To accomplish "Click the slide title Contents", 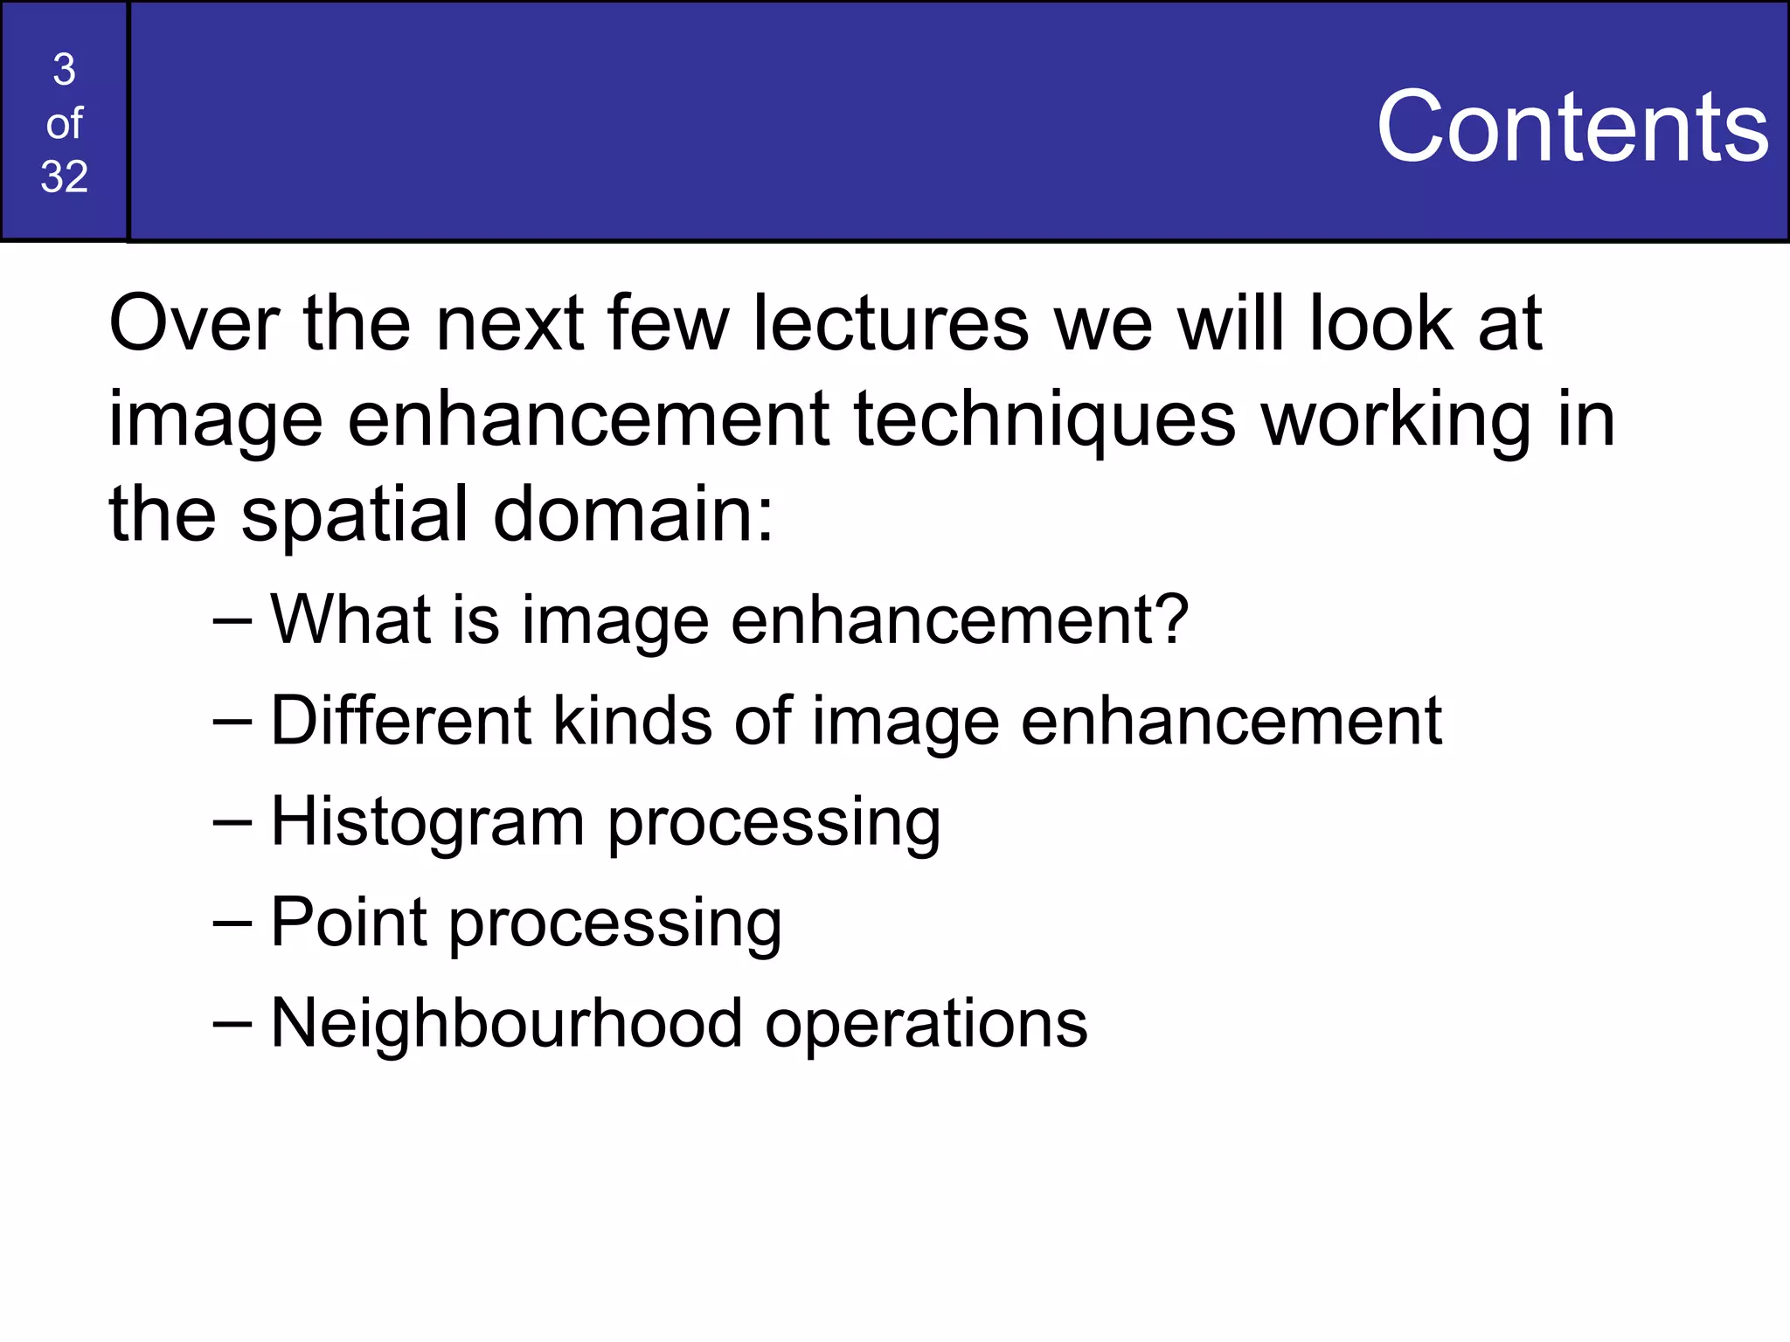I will point(1571,128).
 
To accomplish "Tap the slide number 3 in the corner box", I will point(64,70).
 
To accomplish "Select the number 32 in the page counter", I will point(64,177).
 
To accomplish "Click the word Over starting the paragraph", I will point(194,324).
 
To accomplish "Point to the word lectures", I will point(891,324).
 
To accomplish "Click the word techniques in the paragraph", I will point(1044,420).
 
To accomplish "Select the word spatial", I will point(355,515).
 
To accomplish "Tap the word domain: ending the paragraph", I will point(634,515).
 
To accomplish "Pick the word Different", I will point(401,721).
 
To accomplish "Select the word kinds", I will point(633,721).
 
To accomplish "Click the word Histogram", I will point(427,822).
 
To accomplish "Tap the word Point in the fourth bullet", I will point(349,923).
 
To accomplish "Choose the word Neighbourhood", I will point(507,1023).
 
